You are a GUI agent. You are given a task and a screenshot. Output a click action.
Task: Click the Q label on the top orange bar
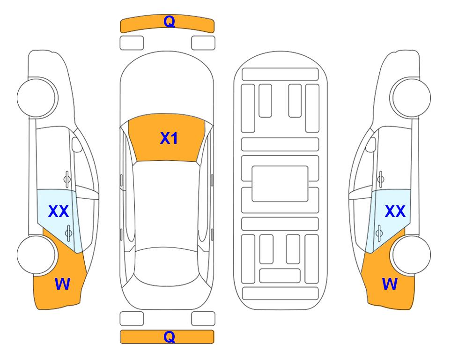point(169,21)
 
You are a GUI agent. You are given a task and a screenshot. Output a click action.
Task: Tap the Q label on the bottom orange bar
point(169,337)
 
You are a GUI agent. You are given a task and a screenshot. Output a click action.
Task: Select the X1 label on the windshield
point(169,138)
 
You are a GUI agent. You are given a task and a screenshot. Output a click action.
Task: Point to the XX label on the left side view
point(59,211)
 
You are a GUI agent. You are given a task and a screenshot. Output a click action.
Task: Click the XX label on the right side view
point(395,211)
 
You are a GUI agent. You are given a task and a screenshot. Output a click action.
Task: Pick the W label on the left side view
point(62,284)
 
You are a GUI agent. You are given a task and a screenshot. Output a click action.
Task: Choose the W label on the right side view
point(390,284)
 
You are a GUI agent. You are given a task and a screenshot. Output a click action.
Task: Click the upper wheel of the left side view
point(37,98)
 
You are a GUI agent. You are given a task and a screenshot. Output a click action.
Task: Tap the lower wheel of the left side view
point(37,255)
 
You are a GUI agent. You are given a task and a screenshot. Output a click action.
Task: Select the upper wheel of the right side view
point(411,98)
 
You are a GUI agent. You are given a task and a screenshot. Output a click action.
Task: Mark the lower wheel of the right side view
point(411,255)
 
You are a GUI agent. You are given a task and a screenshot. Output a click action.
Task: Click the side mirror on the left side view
point(77,144)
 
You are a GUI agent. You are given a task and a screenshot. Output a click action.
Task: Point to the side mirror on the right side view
point(370,144)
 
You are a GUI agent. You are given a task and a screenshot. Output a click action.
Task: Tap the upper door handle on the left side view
point(67,179)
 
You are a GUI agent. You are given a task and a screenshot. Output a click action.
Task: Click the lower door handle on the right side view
point(379,233)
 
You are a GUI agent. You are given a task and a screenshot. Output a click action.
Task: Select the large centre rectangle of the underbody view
point(280,184)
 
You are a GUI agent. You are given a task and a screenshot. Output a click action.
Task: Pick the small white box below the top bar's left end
point(132,43)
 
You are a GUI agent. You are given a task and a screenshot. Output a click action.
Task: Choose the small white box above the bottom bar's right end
point(203,319)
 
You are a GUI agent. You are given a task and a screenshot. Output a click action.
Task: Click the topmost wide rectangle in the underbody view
point(280,75)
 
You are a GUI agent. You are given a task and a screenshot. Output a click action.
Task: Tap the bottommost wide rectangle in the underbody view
point(281,293)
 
